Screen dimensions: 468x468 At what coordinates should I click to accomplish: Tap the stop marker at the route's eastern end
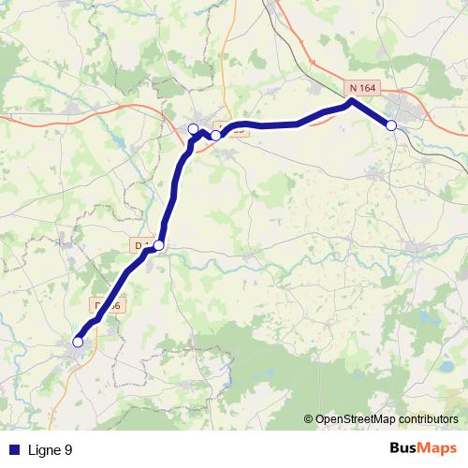[x=391, y=125]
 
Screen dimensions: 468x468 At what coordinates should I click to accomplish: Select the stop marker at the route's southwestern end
[x=78, y=342]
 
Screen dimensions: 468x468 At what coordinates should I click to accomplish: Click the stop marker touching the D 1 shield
[x=158, y=245]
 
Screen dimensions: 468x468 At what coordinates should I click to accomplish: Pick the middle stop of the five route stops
[x=193, y=128]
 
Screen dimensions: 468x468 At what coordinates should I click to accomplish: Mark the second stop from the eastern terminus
[x=215, y=136]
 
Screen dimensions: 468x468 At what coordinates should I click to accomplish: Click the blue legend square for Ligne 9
[x=14, y=450]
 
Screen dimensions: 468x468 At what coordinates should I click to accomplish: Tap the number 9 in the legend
[x=68, y=450]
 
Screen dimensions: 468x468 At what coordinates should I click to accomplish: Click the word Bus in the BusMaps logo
[x=404, y=449]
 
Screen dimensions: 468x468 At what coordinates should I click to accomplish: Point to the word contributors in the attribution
[x=425, y=419]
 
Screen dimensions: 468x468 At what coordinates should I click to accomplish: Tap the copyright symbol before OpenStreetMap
[x=309, y=419]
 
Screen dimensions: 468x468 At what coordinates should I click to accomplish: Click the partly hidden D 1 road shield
[x=141, y=245]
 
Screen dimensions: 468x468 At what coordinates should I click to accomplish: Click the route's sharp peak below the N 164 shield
[x=351, y=100]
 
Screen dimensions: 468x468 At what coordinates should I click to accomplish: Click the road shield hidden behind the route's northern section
[x=234, y=129]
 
